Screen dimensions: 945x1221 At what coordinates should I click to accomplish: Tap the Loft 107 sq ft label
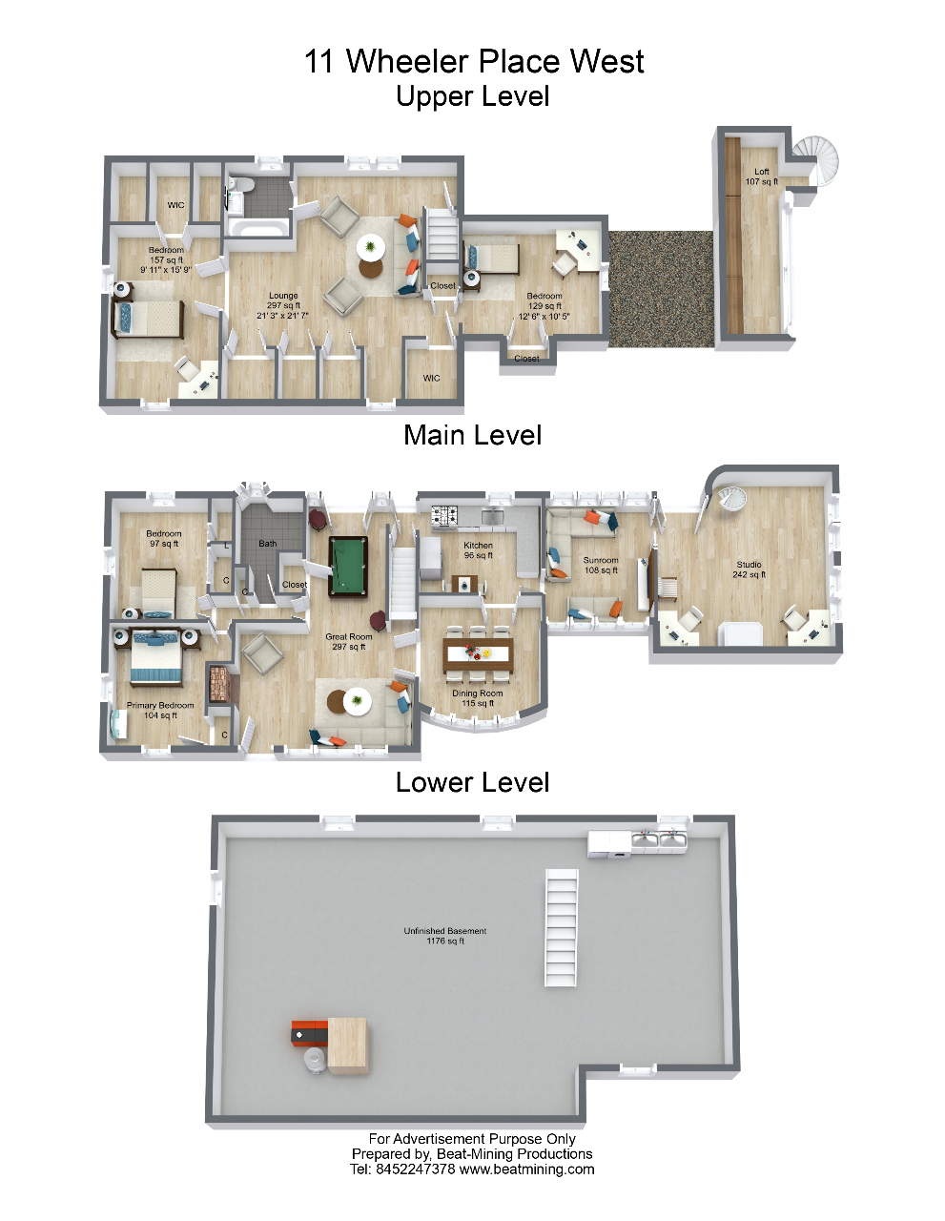coord(761,176)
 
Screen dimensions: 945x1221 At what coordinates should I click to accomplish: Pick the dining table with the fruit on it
coord(478,654)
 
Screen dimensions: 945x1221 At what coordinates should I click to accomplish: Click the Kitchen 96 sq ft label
coord(478,550)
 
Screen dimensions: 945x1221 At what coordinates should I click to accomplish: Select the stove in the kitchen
coord(444,515)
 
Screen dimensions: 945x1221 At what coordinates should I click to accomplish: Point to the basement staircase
coord(561,927)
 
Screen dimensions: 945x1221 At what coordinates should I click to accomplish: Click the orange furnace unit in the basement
coord(309,1033)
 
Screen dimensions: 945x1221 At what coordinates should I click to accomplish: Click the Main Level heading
coord(472,436)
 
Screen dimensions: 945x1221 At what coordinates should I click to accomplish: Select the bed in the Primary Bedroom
coord(156,657)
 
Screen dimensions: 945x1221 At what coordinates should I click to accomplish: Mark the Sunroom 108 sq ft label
coord(600,565)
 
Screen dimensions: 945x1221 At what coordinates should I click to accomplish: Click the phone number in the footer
coord(415,1169)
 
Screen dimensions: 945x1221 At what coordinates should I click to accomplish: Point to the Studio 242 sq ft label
coord(749,569)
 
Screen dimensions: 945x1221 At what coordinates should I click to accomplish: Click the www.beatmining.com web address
coord(526,1169)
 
